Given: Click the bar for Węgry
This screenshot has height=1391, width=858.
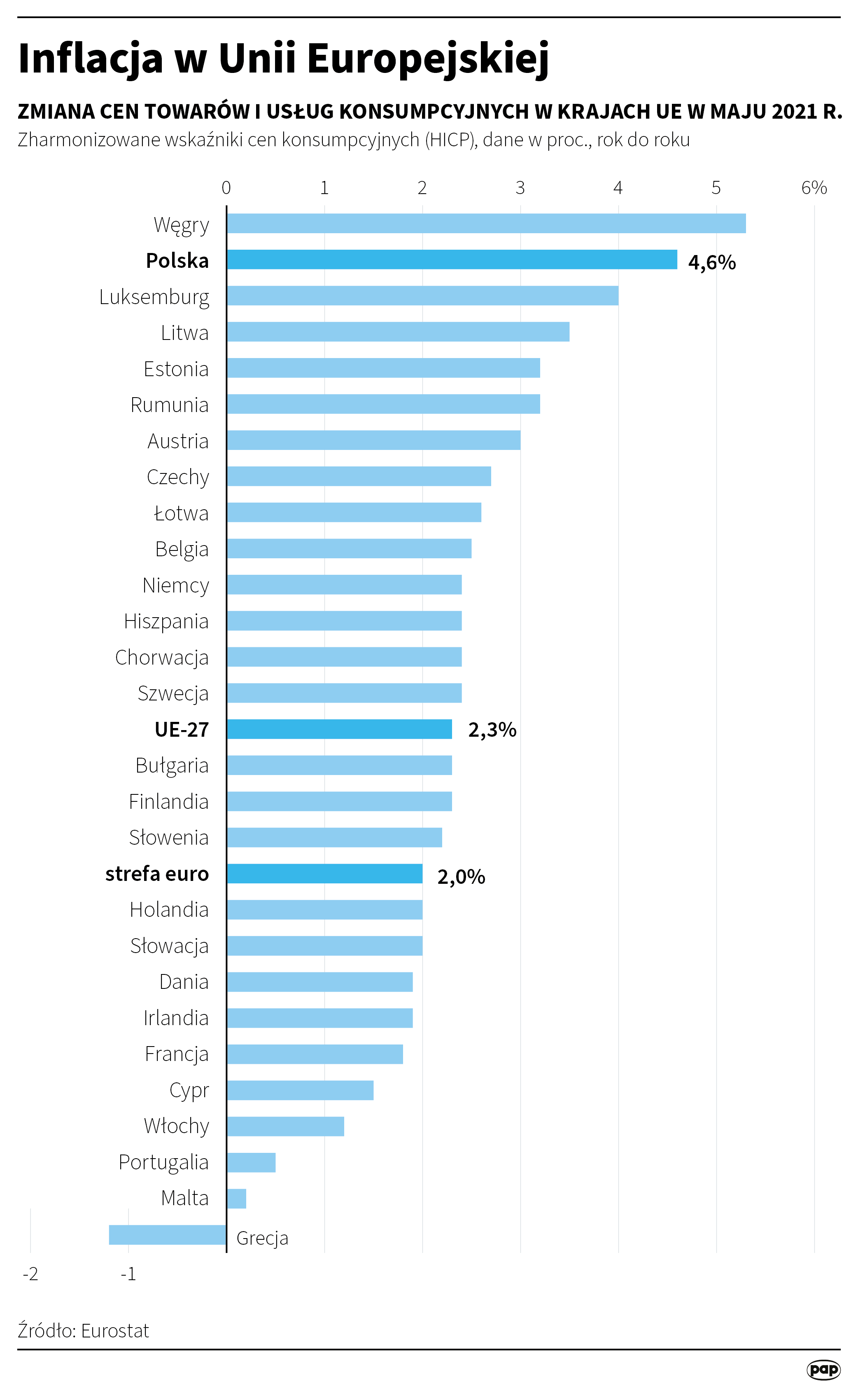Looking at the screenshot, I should pos(486,223).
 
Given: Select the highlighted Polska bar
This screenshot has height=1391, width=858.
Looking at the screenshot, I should pos(452,260).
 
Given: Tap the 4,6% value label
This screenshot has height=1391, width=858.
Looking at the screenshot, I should pos(711,262).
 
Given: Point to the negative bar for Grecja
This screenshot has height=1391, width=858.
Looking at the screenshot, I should pos(168,1235).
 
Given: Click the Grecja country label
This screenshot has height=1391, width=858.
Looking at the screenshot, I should pos(262,1238).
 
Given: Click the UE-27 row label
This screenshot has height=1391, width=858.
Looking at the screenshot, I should pos(182,730).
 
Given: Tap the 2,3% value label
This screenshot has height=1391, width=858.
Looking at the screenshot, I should pos(492,730).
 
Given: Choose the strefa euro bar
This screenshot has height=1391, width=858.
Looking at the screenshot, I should pos(324,873).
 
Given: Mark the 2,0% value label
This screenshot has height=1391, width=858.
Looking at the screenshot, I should pos(461,877).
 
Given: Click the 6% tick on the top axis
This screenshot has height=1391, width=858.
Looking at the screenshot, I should pos(814,187).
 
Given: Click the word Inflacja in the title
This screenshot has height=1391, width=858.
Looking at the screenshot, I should pos(91,58).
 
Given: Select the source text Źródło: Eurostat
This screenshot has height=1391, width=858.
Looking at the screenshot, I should pos(84,1330).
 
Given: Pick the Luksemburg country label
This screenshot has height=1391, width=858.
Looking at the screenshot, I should pos(154,297).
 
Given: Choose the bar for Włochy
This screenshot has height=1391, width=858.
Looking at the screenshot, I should pos(285,1126).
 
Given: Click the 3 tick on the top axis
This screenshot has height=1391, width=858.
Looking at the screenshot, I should pos(520,187).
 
